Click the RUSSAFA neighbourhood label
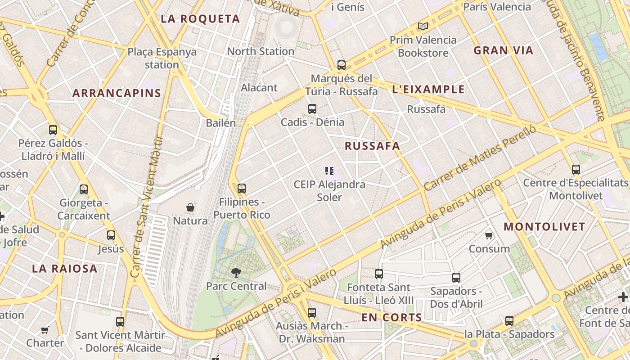(x=372, y=146)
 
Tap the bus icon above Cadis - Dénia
(x=312, y=108)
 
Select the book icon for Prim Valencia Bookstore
(x=423, y=26)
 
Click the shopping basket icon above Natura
(x=190, y=207)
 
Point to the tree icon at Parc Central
(x=235, y=272)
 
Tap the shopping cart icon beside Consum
(x=489, y=235)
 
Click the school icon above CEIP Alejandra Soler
(x=329, y=171)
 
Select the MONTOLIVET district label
(x=544, y=227)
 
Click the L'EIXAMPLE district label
(x=428, y=89)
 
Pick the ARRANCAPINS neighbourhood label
(x=117, y=93)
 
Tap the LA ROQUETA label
(x=200, y=19)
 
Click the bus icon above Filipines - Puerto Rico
(x=242, y=188)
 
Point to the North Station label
(x=261, y=51)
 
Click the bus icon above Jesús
(x=111, y=235)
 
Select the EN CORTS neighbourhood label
(x=391, y=318)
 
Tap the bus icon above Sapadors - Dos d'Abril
(x=456, y=277)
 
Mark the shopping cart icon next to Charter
(x=45, y=330)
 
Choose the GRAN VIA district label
(x=503, y=50)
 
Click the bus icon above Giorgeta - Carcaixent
(x=84, y=189)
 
